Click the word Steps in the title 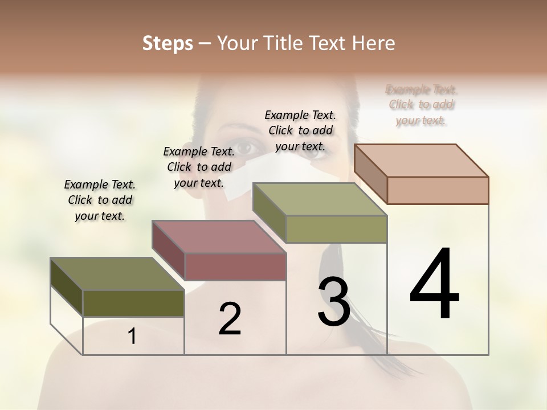[168, 43]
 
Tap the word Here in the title [373, 43]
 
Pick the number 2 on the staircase [230, 319]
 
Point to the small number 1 [132, 337]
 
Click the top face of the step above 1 [117, 274]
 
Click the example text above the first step [100, 200]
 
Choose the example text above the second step [199, 167]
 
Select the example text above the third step [300, 130]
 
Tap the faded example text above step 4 [421, 105]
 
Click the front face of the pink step [235, 266]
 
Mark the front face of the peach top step [438, 190]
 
